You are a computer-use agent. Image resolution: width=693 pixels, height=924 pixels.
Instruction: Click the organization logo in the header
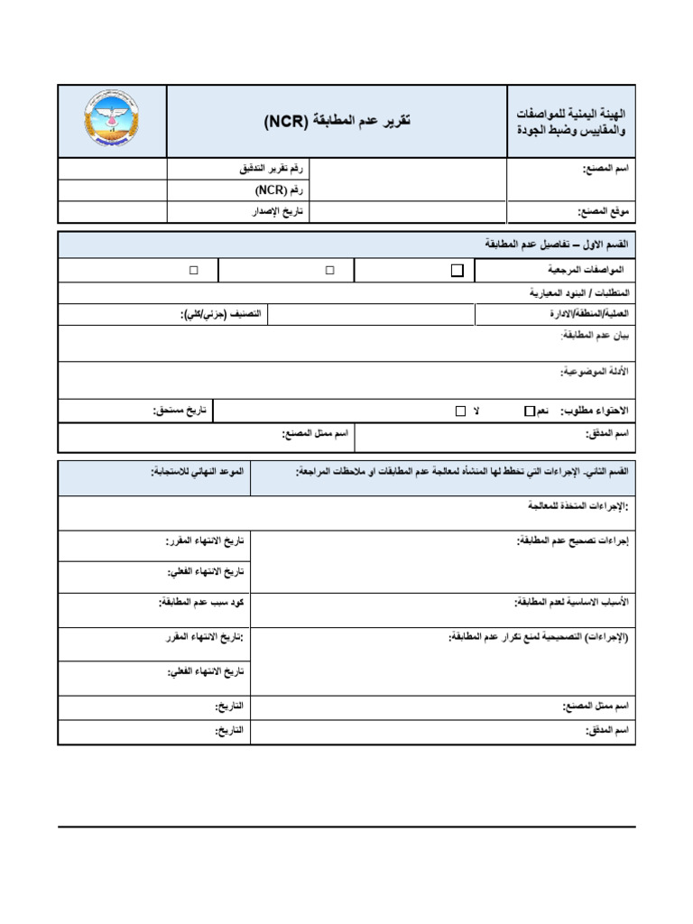tap(112, 121)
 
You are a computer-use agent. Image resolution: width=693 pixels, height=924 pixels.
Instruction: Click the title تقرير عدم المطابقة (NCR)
tap(337, 121)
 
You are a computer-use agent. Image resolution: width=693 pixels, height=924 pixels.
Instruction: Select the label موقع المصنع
tap(602, 212)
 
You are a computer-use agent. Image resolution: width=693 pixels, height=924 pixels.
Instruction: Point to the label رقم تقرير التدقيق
tap(268, 169)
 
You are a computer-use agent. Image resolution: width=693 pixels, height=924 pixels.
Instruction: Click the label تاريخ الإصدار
tap(279, 212)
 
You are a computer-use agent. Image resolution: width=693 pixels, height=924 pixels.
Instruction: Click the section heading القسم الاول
tap(555, 245)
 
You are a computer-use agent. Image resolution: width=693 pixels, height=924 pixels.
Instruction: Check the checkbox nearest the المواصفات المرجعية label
tap(457, 270)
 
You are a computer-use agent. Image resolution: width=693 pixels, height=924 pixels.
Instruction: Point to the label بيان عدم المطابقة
tap(594, 336)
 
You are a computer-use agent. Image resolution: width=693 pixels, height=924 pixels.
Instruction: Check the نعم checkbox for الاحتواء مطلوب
tap(529, 411)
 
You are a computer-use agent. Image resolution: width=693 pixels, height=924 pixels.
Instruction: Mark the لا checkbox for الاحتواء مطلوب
tap(460, 411)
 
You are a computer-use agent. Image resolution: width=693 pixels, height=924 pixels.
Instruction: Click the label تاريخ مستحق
tap(180, 411)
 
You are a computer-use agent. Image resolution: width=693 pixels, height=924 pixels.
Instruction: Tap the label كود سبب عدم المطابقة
tap(204, 601)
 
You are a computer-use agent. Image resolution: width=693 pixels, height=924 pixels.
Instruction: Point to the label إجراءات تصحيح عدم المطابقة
tap(571, 541)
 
